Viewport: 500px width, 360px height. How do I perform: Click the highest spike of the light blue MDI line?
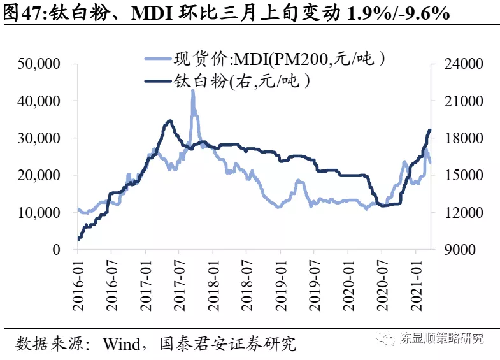click(x=192, y=90)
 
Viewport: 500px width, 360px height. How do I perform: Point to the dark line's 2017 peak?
click(x=169, y=120)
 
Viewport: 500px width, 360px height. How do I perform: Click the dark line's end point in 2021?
click(x=429, y=130)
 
